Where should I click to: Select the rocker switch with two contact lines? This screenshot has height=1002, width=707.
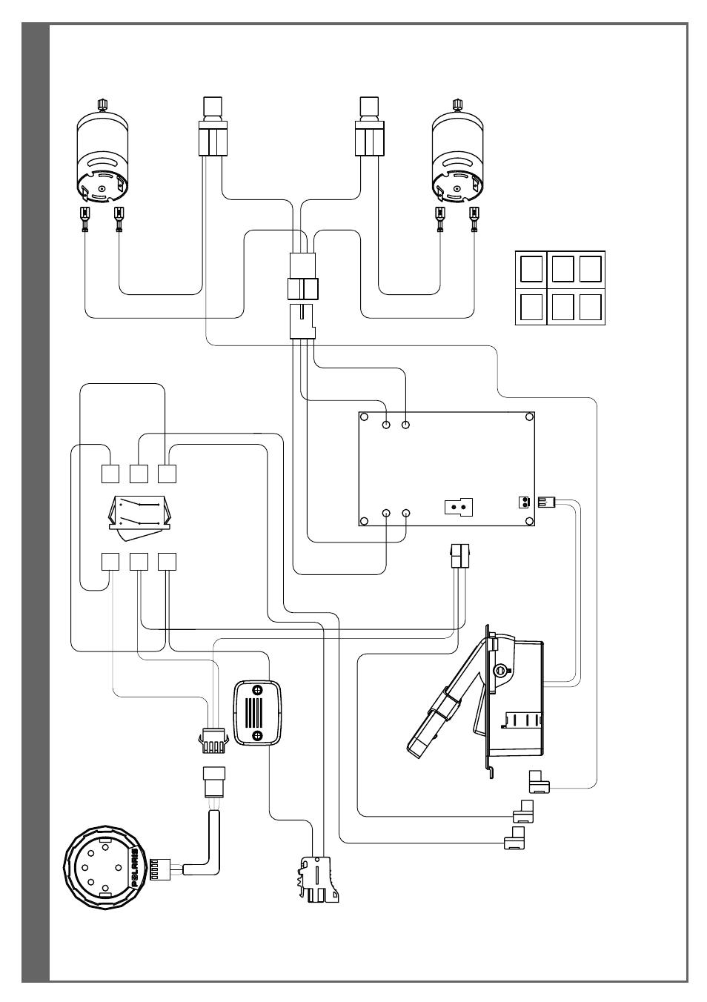[140, 517]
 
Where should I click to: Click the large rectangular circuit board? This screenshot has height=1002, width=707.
[446, 468]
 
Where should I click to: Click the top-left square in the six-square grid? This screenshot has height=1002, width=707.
[531, 269]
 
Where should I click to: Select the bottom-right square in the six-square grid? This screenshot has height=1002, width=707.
[591, 307]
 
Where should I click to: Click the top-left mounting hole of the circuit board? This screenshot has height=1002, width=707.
[364, 417]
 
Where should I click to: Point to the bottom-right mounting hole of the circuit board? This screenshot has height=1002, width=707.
[529, 521]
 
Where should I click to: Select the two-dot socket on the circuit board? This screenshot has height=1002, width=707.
[459, 507]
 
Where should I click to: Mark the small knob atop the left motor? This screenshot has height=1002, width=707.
[102, 104]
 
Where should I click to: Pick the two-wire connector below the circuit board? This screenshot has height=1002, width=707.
[459, 556]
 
